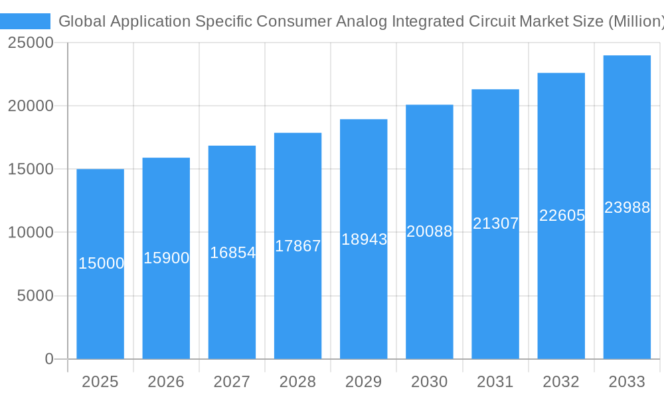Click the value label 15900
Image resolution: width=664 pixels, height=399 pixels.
167,258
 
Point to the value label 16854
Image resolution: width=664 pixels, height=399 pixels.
232,253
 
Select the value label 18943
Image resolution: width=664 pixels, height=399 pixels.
364,239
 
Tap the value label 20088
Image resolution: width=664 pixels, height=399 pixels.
430,231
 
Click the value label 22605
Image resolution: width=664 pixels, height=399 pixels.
562,215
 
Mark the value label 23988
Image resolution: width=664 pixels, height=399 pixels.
627,207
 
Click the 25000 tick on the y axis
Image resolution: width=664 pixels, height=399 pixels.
31,43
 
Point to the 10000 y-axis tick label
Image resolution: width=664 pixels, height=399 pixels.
31,233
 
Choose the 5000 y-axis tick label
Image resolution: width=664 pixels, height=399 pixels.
35,296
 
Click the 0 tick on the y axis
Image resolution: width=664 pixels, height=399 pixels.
49,359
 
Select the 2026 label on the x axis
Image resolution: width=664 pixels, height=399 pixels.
166,382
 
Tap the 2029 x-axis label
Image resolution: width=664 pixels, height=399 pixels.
364,382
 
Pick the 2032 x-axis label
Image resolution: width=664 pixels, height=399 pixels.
561,382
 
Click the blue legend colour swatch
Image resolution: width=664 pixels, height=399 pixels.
25,21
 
